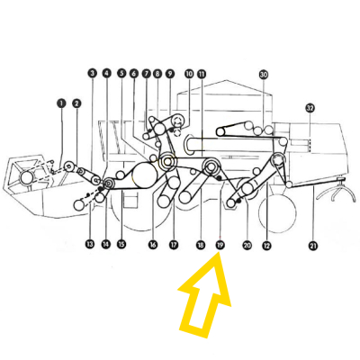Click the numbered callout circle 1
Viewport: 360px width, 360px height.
coord(61,103)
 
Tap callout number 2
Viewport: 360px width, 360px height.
coord(76,103)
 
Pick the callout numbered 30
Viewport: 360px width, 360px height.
coord(264,74)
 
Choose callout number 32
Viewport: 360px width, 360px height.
coord(310,108)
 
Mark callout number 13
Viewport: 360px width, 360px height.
coord(90,244)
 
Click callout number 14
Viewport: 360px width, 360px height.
coord(105,244)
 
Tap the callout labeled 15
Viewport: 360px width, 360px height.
coord(121,244)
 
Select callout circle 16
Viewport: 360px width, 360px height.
coord(153,244)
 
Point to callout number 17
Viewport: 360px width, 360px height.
coord(173,244)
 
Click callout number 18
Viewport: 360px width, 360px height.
coord(201,244)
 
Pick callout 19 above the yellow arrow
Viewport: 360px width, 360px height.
coord(220,244)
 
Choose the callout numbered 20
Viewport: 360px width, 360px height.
coord(247,244)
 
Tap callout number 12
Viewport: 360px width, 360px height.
coord(266,244)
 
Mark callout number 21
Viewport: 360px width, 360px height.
coord(313,244)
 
